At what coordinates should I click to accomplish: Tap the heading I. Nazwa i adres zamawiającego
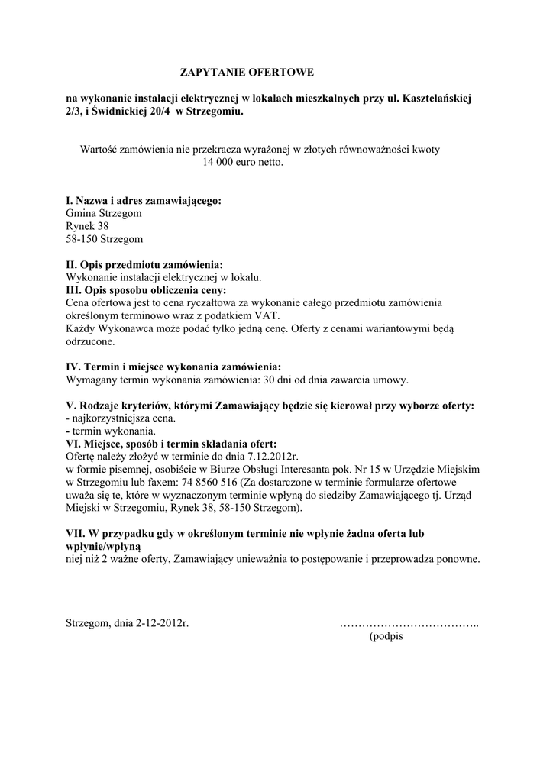(x=144, y=201)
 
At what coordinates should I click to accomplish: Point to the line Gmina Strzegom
(x=104, y=214)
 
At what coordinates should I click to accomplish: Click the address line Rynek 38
(x=88, y=227)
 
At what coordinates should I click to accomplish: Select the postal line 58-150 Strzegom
(x=105, y=240)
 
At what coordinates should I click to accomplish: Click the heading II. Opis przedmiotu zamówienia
(x=144, y=264)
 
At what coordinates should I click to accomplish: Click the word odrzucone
(x=90, y=342)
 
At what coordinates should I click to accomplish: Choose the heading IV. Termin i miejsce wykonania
(x=173, y=367)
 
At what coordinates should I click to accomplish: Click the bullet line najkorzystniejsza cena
(x=121, y=418)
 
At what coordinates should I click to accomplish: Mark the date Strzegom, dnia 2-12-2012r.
(x=128, y=623)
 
